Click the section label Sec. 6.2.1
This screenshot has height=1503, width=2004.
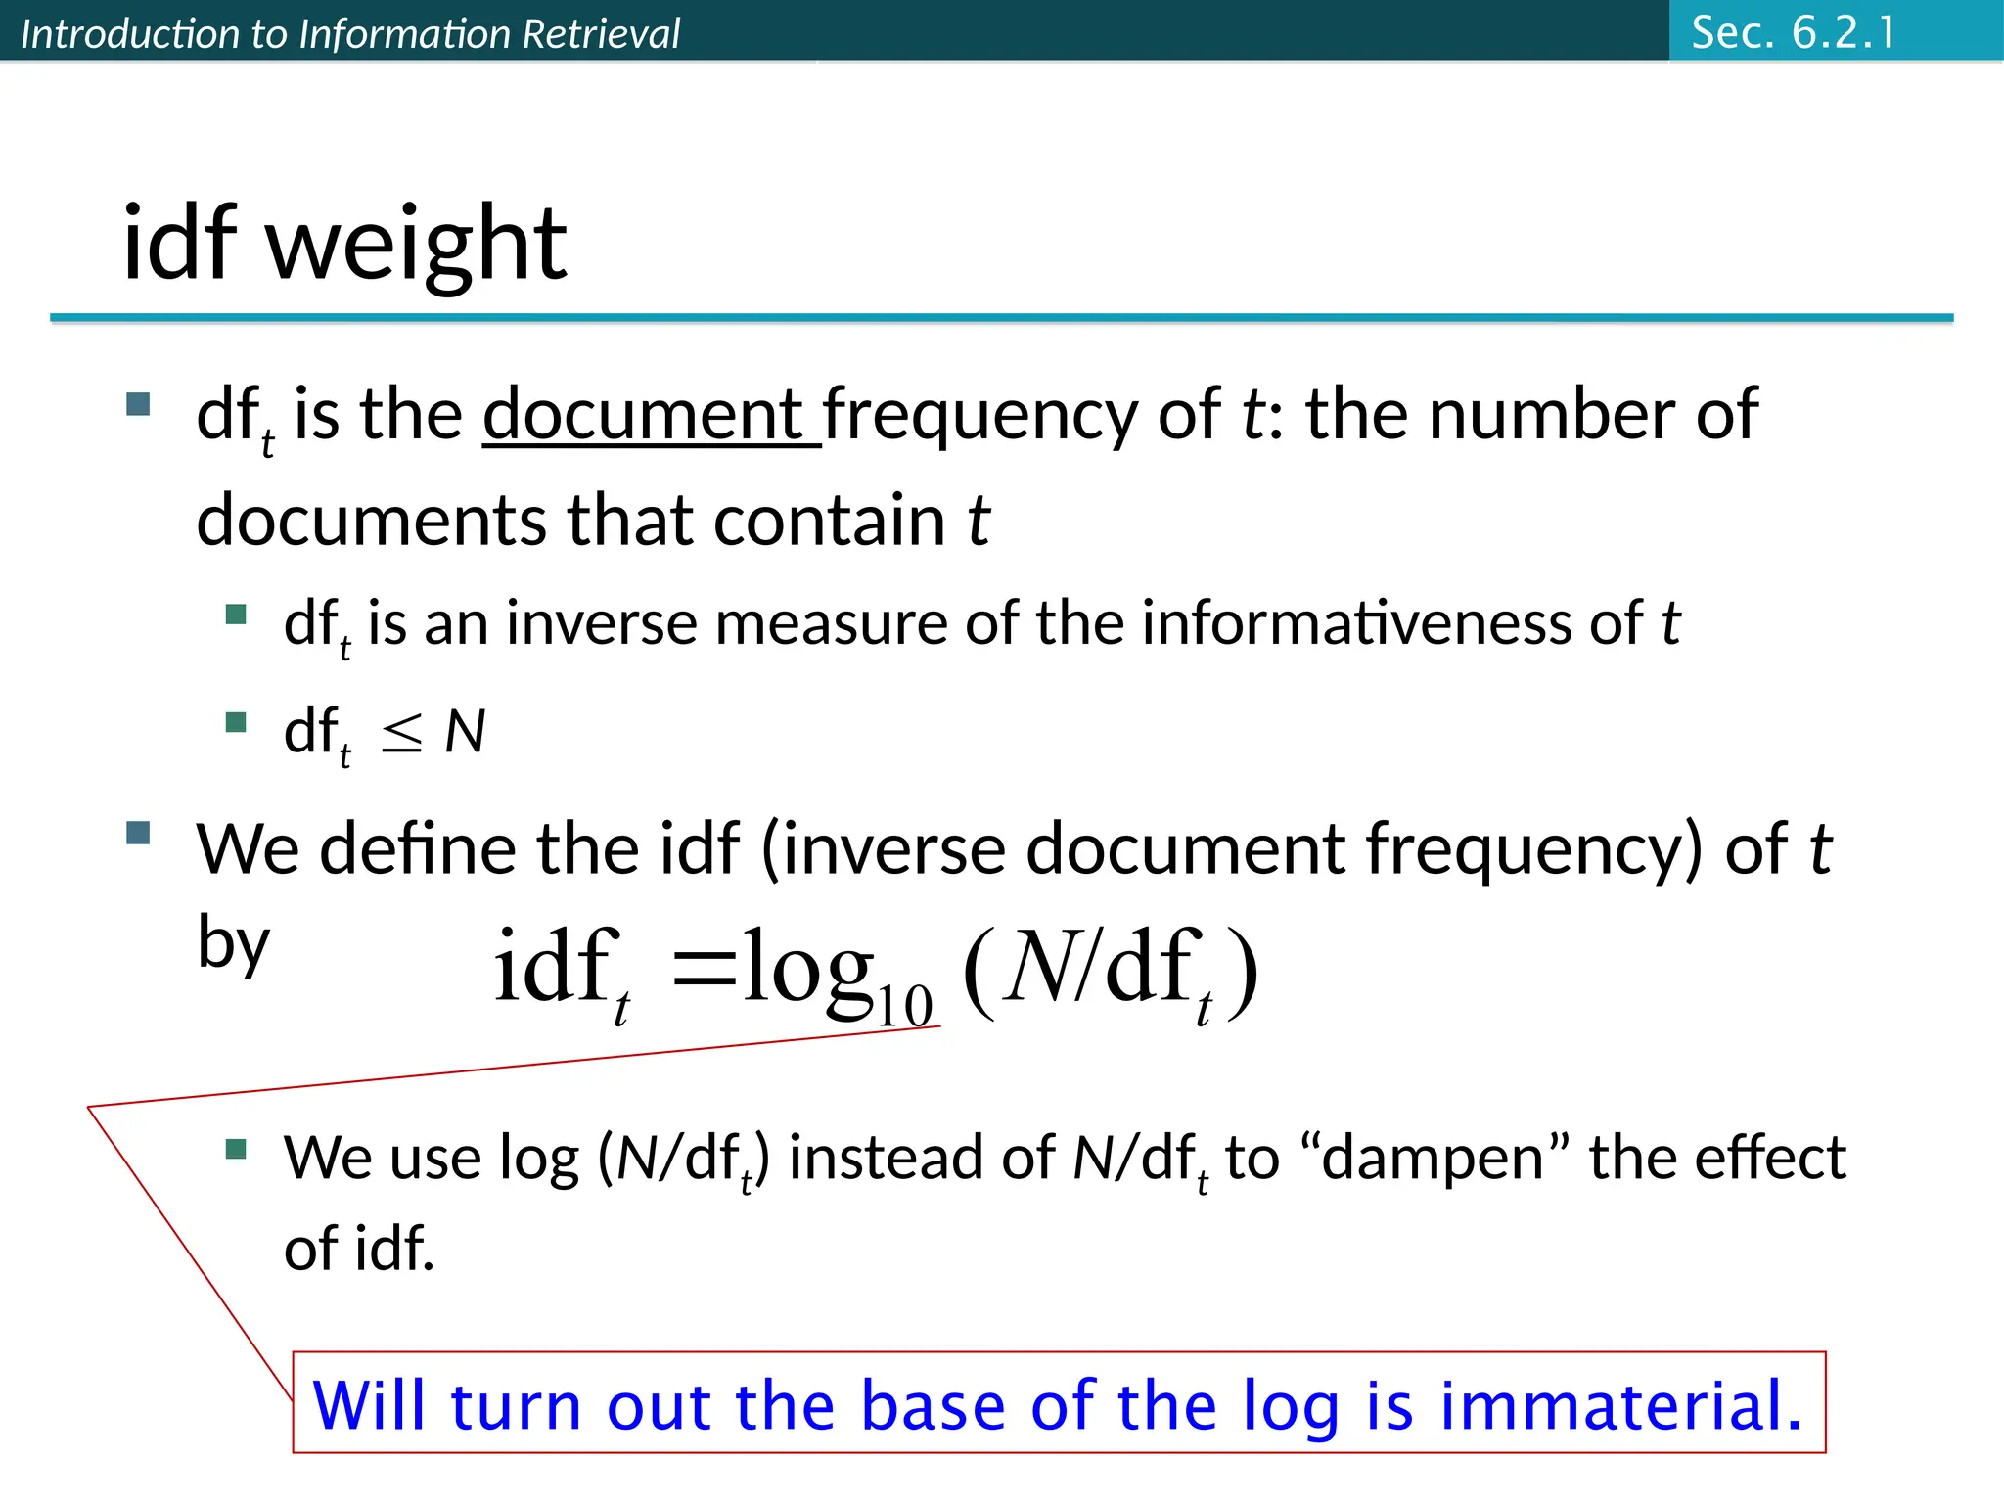[1793, 32]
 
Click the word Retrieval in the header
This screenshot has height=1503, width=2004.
[600, 34]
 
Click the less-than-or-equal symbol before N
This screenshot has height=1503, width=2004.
[401, 732]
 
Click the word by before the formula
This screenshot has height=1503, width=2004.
[233, 943]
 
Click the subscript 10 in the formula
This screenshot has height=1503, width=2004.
[904, 1006]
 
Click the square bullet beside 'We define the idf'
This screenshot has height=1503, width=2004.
[138, 833]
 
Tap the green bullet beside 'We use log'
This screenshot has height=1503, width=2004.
[236, 1148]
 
